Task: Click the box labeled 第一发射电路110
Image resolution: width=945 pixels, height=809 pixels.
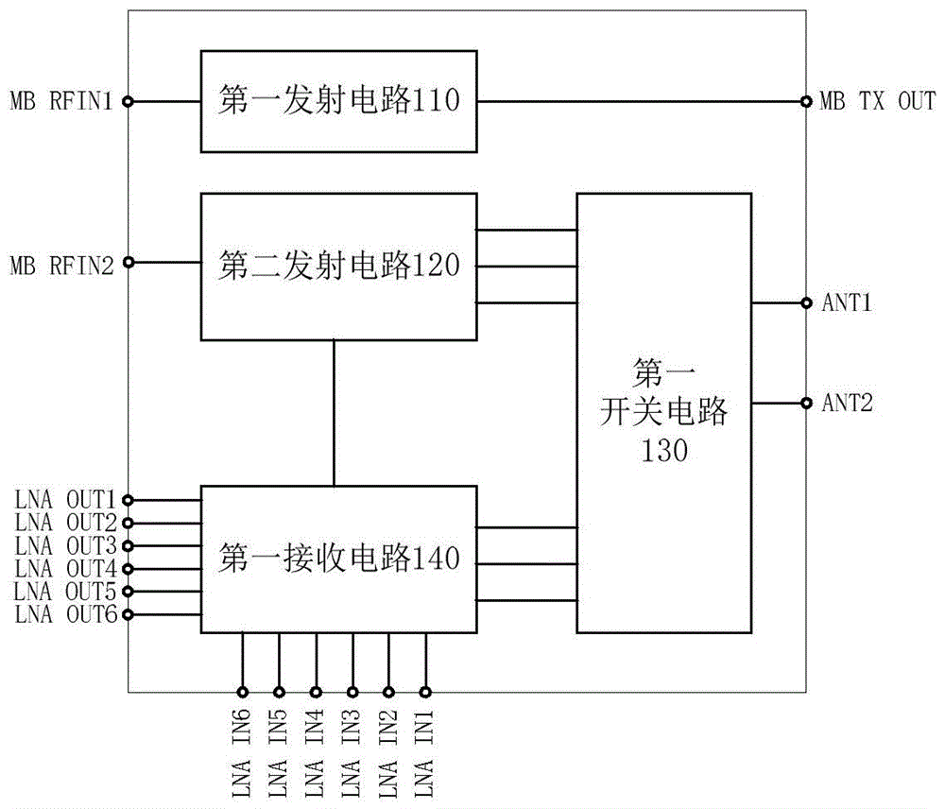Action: [x=338, y=101]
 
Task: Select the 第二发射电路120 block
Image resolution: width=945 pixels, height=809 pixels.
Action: [x=338, y=266]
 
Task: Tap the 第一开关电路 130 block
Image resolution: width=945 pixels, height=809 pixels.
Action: [x=664, y=413]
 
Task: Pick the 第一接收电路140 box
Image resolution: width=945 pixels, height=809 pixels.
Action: [x=338, y=559]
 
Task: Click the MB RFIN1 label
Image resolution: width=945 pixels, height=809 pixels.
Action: [x=61, y=101]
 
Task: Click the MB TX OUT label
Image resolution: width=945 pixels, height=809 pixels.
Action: [x=876, y=101]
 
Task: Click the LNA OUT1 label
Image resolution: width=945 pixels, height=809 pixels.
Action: [x=65, y=499]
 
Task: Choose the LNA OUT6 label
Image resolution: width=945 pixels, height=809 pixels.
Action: [x=65, y=614]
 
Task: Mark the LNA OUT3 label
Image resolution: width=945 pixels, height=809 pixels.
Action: [x=65, y=545]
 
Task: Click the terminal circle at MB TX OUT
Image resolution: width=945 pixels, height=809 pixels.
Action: [x=806, y=101]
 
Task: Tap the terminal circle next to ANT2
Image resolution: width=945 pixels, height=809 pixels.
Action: [x=806, y=403]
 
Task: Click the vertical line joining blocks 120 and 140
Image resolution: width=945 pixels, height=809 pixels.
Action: [x=334, y=413]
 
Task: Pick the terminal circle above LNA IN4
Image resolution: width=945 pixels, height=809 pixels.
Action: [x=316, y=691]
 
